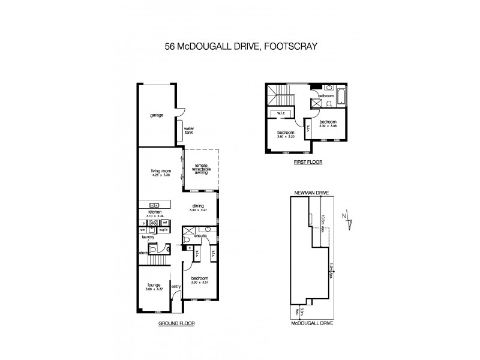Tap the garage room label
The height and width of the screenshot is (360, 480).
[157, 115]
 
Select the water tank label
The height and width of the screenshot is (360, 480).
[188, 130]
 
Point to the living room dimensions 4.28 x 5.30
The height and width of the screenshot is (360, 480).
[160, 175]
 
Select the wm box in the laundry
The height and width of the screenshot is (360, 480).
[143, 229]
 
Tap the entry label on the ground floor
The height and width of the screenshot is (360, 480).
[176, 286]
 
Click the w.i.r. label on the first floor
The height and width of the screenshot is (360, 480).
[281, 113]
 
